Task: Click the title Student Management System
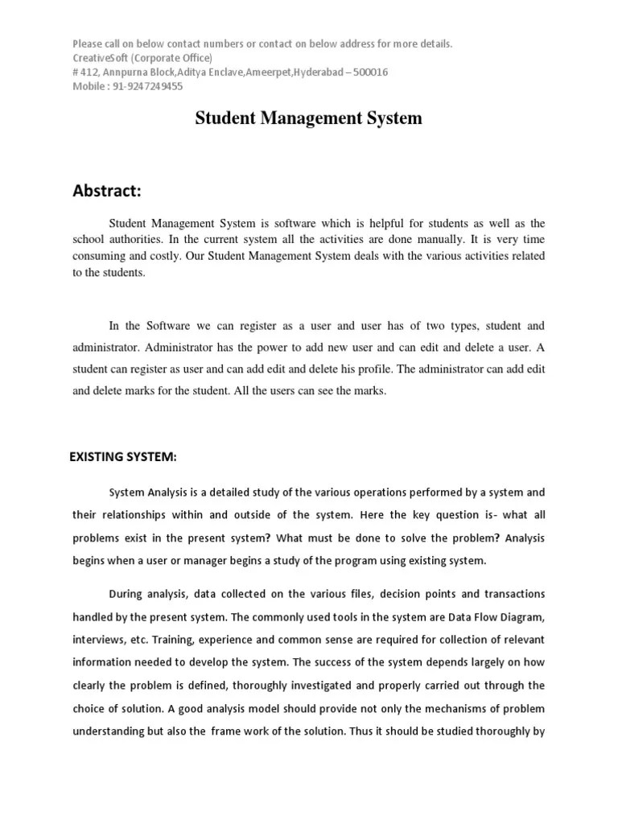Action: [309, 118]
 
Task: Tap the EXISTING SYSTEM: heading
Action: [122, 457]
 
